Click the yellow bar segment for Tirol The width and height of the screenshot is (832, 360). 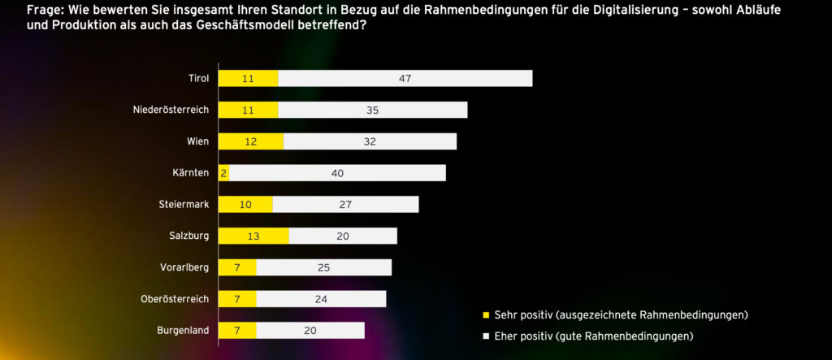pos(248,78)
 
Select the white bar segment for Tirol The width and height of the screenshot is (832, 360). pos(405,78)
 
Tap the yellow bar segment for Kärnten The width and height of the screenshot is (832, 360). pos(223,173)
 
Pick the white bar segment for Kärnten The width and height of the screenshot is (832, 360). pos(337,173)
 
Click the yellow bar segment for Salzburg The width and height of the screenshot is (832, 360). pos(253,236)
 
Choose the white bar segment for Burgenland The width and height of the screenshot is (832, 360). pos(310,330)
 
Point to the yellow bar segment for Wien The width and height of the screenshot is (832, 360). pos(251,141)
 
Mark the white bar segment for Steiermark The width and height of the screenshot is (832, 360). pos(345,204)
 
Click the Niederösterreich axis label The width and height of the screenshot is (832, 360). pos(171,110)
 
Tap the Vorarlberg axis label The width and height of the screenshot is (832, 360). pos(184,267)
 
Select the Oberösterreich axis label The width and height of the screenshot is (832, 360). pos(175,299)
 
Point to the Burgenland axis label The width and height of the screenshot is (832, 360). pos(183,330)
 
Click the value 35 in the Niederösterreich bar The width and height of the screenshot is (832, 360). pos(372,110)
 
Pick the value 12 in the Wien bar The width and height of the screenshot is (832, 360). pos(251,141)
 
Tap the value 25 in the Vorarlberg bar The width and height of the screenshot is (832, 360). pos(323,267)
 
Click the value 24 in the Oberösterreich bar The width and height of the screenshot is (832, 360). pos(321,299)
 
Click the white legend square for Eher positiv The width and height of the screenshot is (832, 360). pos(486,336)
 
